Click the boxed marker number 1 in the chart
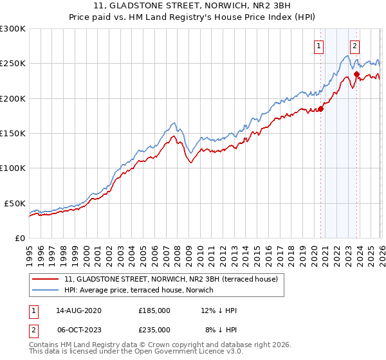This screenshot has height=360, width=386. (x=319, y=46)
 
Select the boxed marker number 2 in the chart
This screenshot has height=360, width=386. (x=354, y=46)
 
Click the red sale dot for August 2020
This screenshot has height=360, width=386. (x=320, y=109)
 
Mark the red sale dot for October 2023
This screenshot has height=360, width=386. (x=356, y=74)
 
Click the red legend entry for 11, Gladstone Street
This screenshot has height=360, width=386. (x=170, y=279)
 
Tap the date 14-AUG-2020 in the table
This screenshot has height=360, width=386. (x=78, y=310)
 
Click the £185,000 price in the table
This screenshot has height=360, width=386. (x=154, y=310)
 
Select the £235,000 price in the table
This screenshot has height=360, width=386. (x=154, y=329)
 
